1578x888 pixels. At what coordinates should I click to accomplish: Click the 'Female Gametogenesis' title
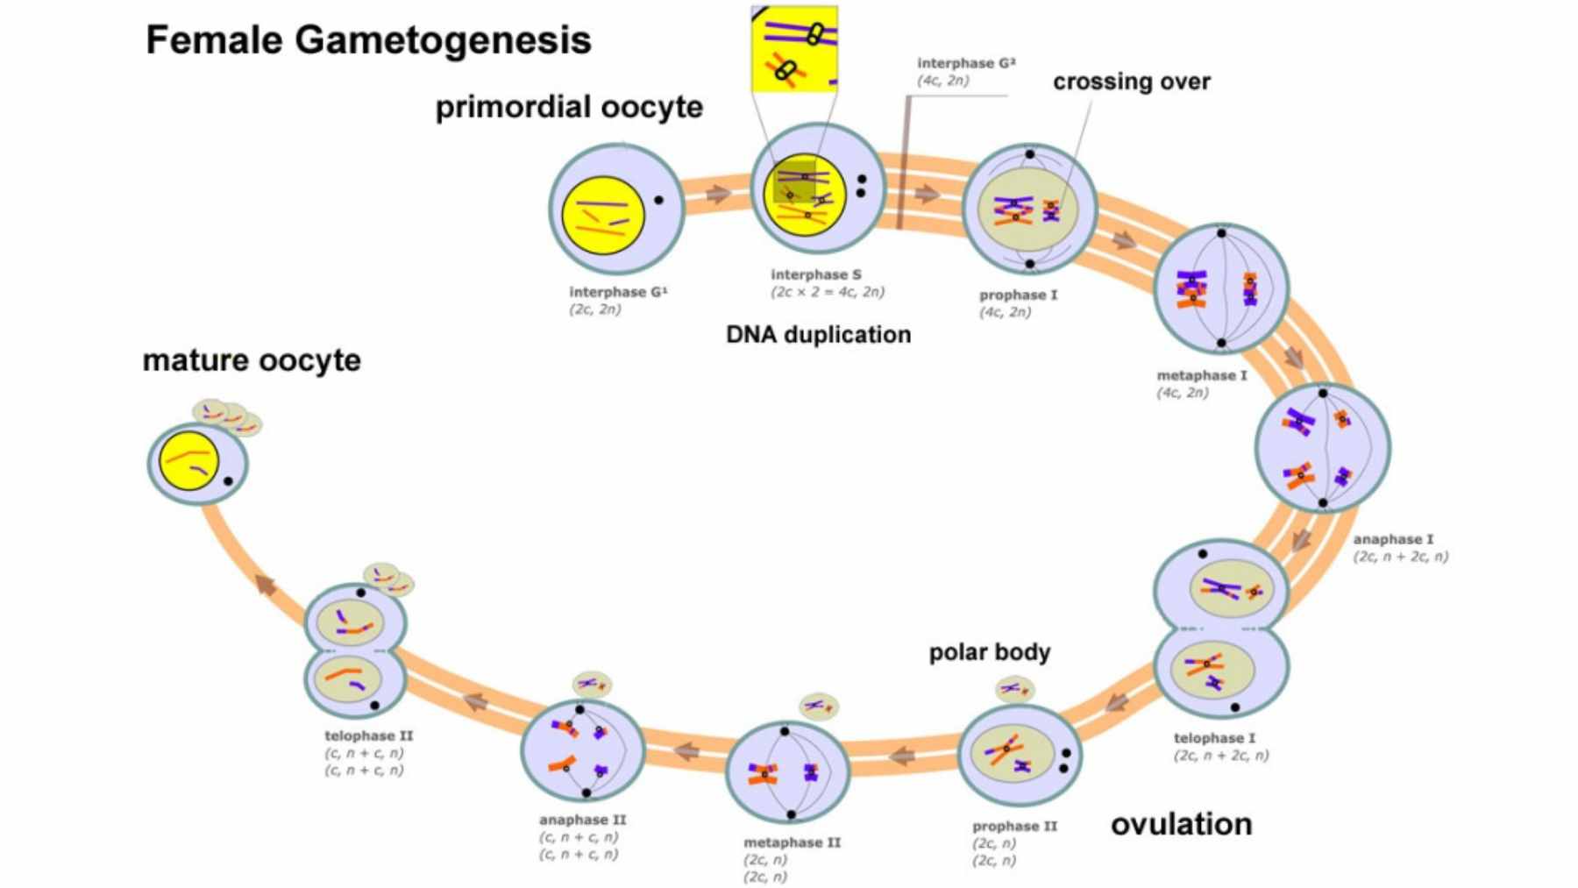[368, 40]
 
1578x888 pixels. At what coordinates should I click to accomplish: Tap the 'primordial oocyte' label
[569, 107]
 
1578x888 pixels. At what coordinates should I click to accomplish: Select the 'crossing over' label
[1131, 82]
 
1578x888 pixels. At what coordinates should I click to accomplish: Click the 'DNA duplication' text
[818, 335]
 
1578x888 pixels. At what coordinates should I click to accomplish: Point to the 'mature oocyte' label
[252, 360]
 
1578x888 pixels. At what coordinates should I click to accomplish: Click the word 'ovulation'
[1181, 824]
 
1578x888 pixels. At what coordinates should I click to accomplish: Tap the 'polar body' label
[989, 652]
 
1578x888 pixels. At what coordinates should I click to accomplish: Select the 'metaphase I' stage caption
[1201, 375]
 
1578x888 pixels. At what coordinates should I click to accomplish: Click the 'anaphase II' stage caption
[582, 820]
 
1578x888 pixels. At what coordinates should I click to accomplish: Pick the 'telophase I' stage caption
[1214, 738]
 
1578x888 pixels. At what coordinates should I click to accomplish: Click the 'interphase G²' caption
[966, 63]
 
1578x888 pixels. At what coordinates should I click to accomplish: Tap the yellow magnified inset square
[794, 49]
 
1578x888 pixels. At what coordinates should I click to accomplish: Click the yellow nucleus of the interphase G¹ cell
[603, 214]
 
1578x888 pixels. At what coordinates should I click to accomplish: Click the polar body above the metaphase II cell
[819, 706]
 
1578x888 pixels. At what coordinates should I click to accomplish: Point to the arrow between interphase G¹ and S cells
[718, 194]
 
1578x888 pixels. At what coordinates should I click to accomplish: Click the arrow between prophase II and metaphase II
[901, 755]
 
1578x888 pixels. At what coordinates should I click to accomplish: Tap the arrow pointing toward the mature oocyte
[266, 584]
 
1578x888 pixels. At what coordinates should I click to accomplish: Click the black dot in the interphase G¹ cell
[658, 201]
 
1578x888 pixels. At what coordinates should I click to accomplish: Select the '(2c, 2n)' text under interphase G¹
[595, 309]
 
